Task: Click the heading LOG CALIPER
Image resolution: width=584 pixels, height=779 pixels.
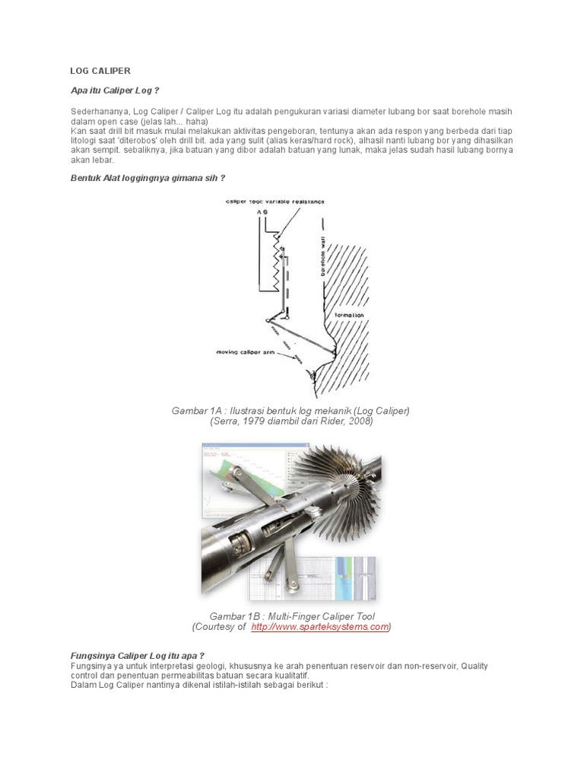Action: [100, 71]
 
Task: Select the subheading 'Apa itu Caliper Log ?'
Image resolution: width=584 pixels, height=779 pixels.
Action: [114, 91]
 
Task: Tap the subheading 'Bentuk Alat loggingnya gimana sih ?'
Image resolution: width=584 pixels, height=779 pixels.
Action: [148, 178]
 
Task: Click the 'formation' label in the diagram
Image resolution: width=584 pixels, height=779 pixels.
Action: [349, 314]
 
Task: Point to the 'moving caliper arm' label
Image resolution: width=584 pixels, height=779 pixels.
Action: [244, 352]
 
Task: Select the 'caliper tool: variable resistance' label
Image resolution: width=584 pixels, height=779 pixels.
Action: [275, 202]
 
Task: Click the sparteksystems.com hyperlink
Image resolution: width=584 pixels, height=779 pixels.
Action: [319, 627]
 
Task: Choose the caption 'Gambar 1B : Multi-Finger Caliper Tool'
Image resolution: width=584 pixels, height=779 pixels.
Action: [292, 615]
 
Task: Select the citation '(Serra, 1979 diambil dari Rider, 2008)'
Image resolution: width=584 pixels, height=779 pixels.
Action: [291, 421]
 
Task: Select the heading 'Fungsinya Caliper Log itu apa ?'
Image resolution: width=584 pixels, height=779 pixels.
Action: [138, 655]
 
